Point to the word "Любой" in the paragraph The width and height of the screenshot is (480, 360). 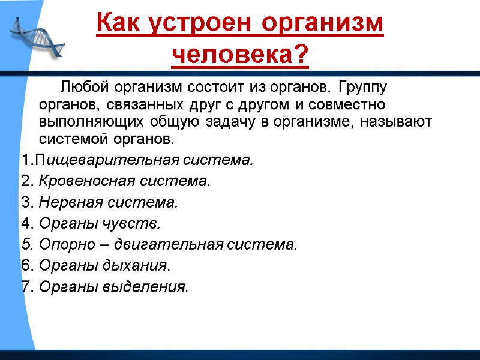click(82, 88)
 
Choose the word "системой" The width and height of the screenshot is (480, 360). click(71, 140)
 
